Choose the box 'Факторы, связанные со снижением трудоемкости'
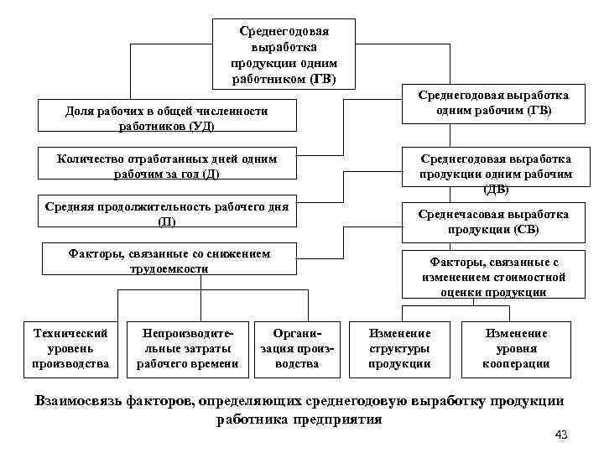[x=169, y=261]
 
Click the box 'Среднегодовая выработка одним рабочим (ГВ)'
[x=494, y=103]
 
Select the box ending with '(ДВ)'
[x=496, y=174]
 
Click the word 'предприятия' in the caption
[x=334, y=419]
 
